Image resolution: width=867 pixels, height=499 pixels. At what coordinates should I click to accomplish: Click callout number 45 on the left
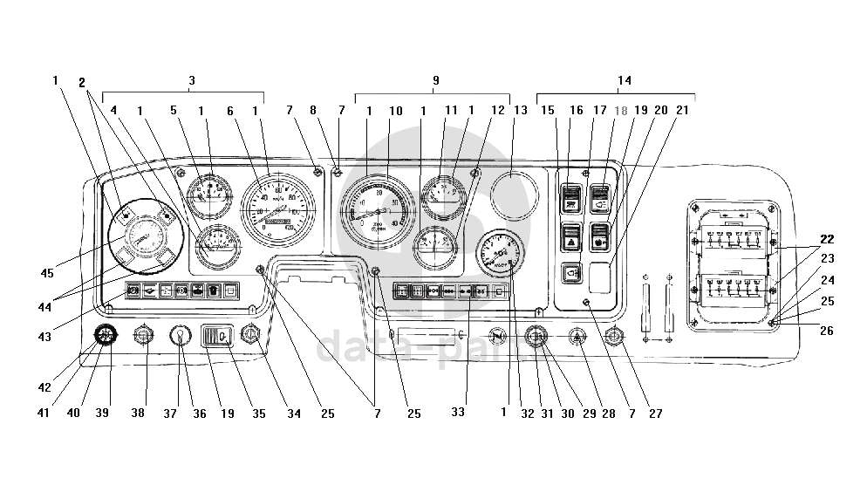coord(47,273)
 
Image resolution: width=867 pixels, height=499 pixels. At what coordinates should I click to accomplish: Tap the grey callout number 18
coord(621,112)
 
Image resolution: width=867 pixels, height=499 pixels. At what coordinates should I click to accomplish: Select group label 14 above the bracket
coord(624,80)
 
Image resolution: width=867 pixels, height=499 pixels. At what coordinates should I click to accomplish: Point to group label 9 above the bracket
coord(435,80)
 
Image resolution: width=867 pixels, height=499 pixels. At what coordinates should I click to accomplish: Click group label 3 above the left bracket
coord(191,80)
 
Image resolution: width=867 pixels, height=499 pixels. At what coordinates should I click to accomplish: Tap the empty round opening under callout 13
coord(515,194)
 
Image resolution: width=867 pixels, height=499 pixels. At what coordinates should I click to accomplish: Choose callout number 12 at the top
coord(498,112)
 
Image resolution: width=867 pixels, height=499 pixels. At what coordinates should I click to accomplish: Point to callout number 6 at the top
coord(231,112)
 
